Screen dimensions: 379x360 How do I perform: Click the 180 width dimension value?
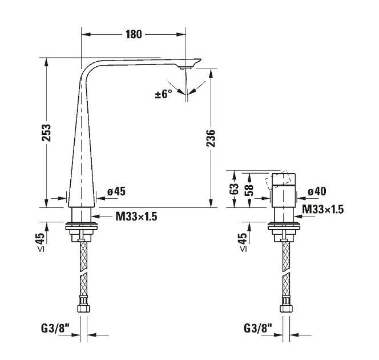click(134, 34)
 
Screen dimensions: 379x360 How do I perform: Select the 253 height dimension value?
click(46, 133)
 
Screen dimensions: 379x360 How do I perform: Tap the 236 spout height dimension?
click(211, 138)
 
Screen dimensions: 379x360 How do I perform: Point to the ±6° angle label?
click(164, 94)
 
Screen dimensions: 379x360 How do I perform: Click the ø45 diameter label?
click(116, 191)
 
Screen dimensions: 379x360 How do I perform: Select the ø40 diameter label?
click(317, 191)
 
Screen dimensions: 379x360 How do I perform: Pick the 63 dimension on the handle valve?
click(234, 189)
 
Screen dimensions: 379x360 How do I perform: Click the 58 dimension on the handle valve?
click(249, 190)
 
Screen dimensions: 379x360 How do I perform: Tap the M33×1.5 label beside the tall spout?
click(136, 217)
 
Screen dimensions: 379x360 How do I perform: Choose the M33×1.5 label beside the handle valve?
click(323, 209)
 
